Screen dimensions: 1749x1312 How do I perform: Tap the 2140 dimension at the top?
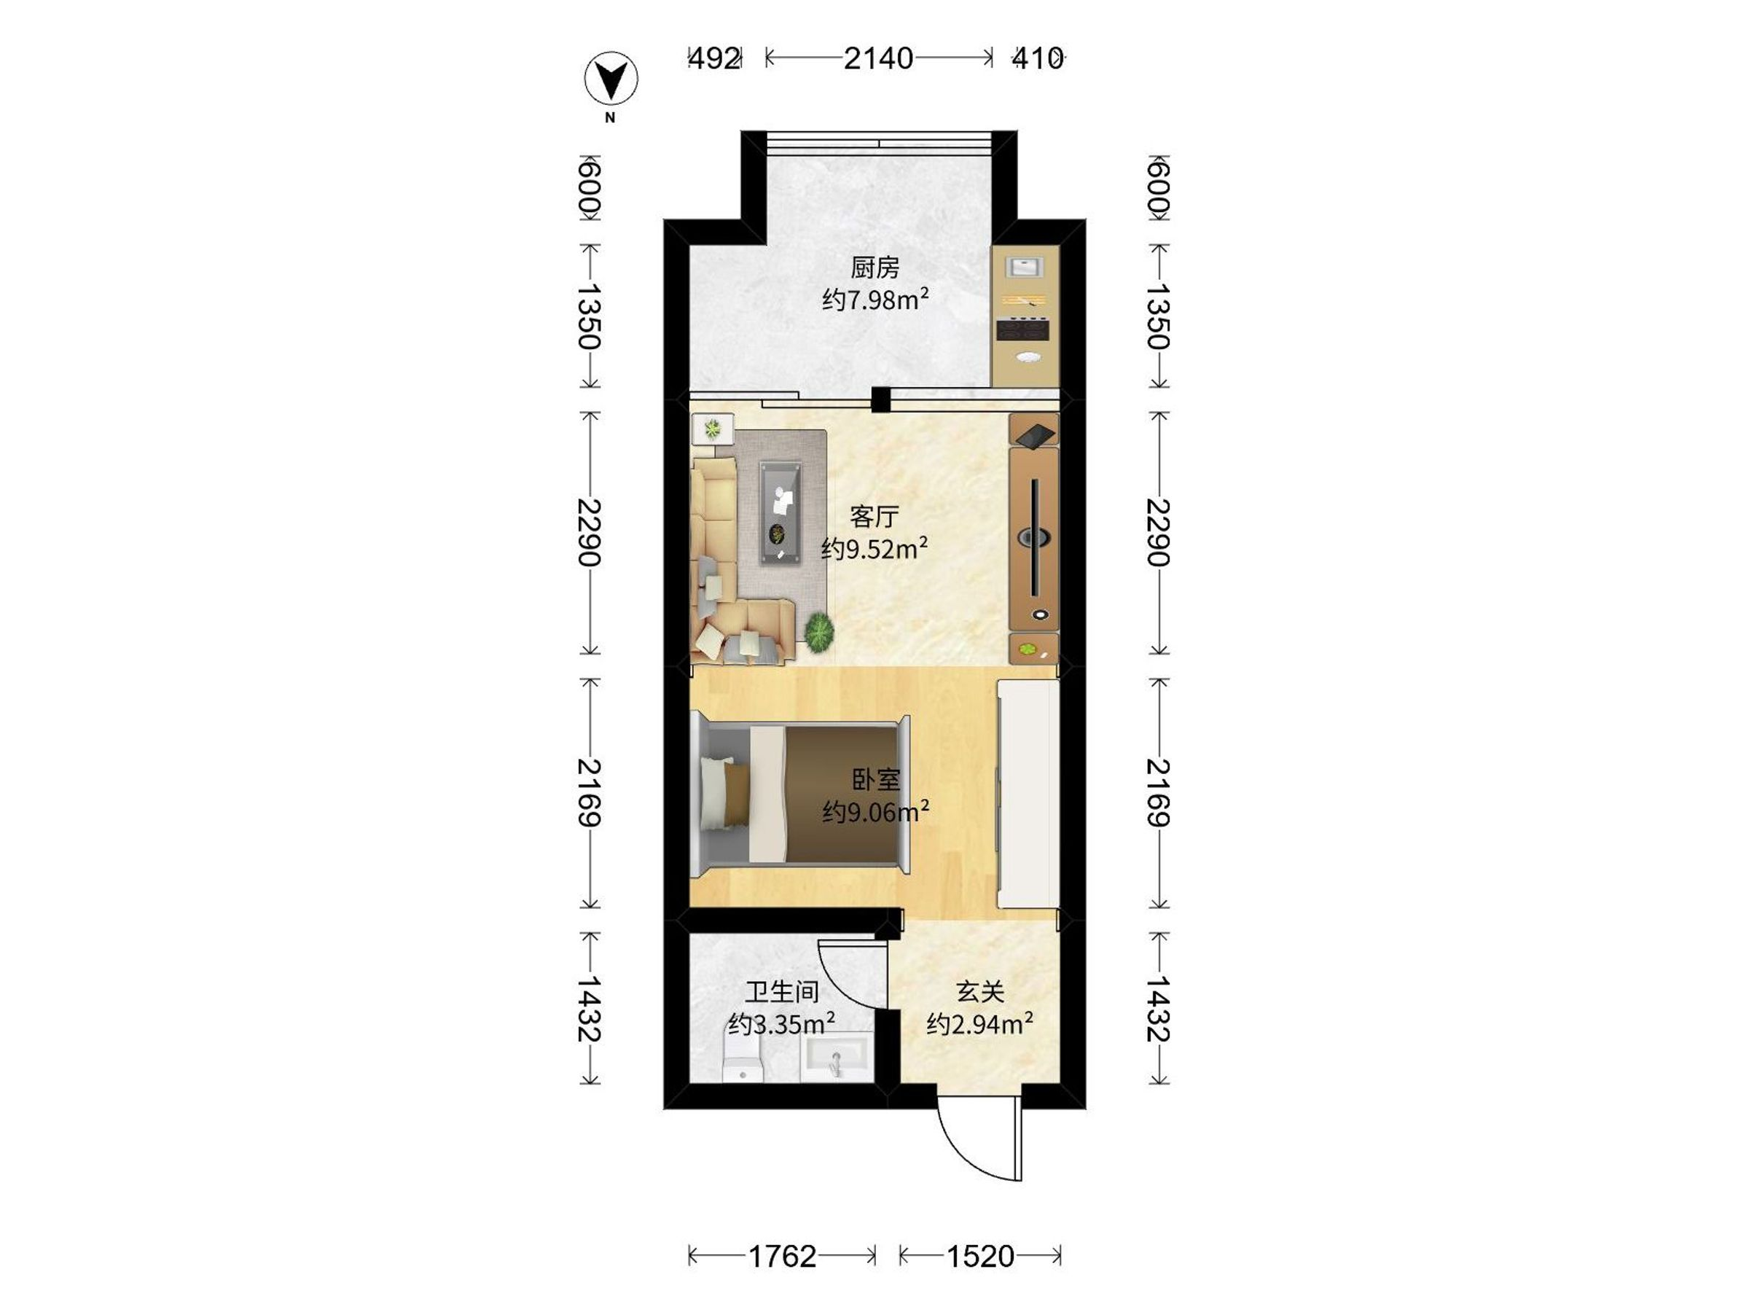coord(877,58)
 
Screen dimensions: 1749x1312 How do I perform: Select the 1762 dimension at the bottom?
coord(781,1255)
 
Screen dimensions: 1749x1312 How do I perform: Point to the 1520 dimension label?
coord(980,1255)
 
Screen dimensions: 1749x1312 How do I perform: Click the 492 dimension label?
coord(714,58)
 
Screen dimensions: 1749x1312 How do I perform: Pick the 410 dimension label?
coord(1038,58)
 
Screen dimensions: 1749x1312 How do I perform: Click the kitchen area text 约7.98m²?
coord(874,300)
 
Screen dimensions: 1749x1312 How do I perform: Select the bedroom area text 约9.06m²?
coord(875,811)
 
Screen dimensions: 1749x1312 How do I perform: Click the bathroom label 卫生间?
coord(781,992)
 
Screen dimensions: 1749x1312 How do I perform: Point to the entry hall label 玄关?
coord(980,992)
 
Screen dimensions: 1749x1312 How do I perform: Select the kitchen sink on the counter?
coord(1025,266)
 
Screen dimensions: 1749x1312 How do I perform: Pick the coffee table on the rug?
coord(781,513)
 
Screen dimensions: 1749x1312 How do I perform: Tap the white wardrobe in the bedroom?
coord(1027,794)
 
